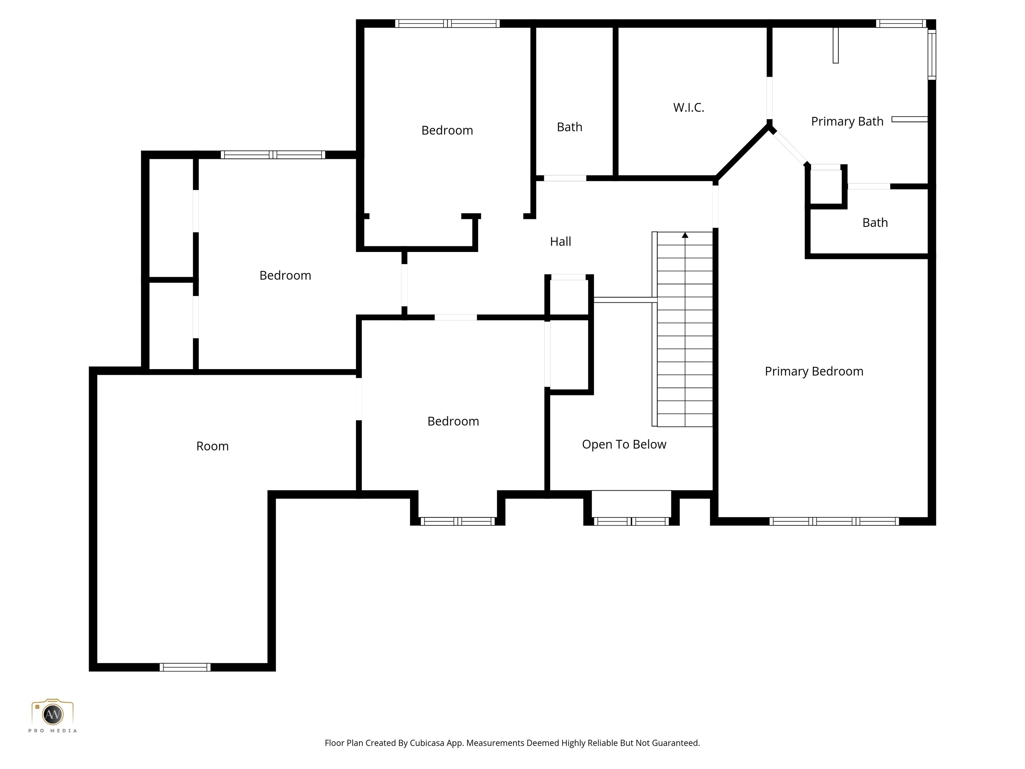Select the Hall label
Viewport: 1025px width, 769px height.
(x=560, y=242)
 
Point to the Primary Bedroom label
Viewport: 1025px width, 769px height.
(x=814, y=371)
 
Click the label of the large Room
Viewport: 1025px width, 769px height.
(x=212, y=446)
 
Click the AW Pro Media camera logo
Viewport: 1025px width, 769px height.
(x=52, y=714)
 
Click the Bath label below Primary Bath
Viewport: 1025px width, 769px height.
(x=875, y=223)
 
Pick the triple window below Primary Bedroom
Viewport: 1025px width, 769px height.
(x=834, y=521)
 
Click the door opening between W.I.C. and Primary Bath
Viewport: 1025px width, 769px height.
(x=769, y=98)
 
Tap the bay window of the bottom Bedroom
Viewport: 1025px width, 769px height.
(x=458, y=521)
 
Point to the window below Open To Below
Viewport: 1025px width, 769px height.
(x=631, y=521)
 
